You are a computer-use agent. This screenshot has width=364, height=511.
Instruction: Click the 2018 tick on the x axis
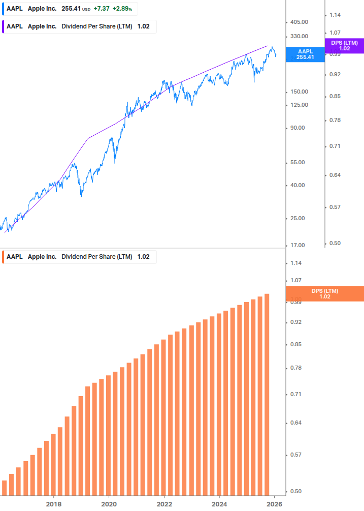coord(54,504)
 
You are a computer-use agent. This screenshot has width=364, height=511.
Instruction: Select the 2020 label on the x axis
coord(109,504)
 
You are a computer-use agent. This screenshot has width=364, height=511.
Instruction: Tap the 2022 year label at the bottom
coord(164,504)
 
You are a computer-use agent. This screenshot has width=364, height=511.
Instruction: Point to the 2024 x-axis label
coord(219,504)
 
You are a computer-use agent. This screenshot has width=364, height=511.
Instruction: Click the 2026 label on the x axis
coord(275,504)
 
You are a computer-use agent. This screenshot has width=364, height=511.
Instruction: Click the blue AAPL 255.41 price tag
coord(305,54)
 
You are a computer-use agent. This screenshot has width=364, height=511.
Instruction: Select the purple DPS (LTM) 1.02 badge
coord(344,46)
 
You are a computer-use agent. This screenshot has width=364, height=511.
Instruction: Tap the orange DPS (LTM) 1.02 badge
coord(325,294)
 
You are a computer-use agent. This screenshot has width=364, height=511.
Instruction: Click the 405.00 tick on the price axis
coord(300,22)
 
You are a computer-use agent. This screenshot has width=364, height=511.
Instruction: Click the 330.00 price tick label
coord(300,36)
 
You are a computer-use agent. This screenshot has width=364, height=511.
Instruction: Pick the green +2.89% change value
coord(123,9)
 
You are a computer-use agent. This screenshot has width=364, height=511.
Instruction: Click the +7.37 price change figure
coord(102,9)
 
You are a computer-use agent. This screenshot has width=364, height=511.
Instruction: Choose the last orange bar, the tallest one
coord(267,394)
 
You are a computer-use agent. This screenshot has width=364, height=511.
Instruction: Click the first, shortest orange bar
coord(5,488)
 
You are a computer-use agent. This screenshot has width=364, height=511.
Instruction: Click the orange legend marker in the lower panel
coord(3,257)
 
